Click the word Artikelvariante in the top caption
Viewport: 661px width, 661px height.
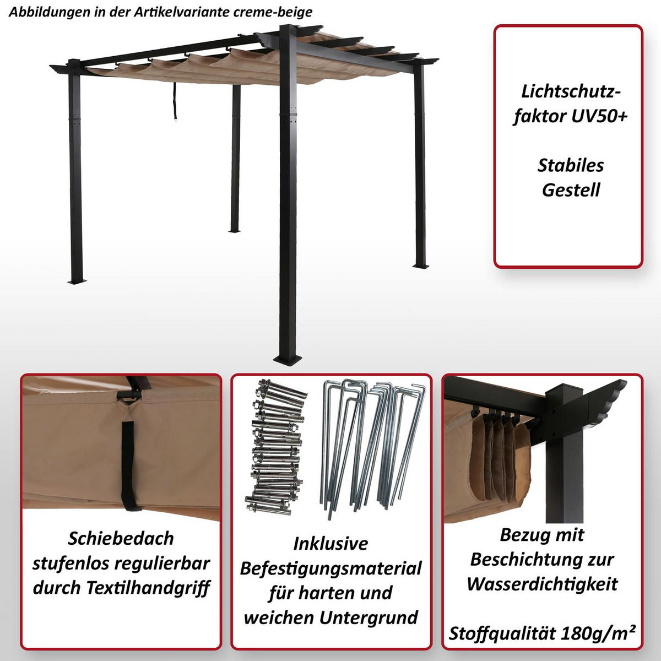(181, 12)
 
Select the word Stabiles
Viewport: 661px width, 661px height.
(571, 166)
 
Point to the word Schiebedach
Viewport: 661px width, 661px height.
(121, 538)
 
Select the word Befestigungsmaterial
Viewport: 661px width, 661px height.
(330, 568)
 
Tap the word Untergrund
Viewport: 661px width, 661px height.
(369, 618)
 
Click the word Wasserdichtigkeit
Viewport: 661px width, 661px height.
(542, 584)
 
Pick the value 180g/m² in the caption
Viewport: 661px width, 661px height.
(597, 633)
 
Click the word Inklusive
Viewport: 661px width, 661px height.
(330, 544)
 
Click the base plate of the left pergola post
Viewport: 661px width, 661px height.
(78, 281)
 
